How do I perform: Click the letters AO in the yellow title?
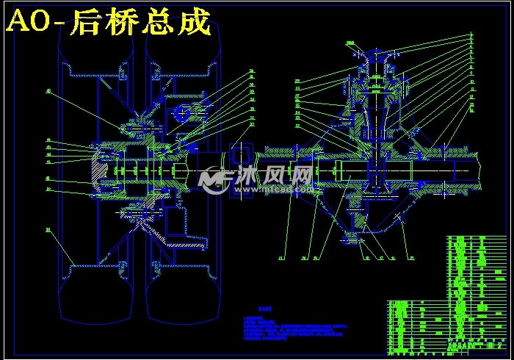28,23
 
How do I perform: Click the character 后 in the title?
88,23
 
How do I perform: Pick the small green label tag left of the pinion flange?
350,43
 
